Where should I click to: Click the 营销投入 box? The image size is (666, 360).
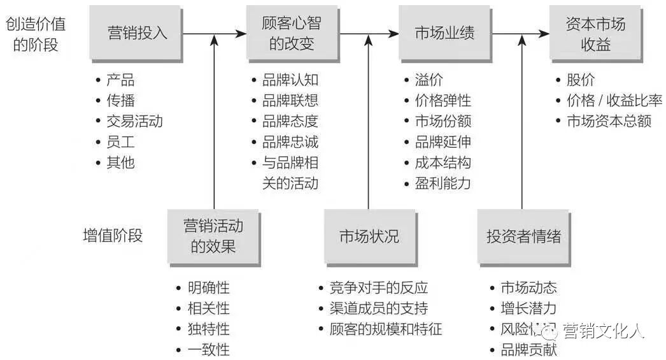coord(138,33)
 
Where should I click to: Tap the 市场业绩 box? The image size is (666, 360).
coord(444,33)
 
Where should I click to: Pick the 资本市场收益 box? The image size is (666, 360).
coord(595,33)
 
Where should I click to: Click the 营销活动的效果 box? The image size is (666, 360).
coord(213,236)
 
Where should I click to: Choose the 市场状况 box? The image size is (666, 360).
coord(369,236)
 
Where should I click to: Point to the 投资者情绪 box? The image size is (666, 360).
coord(523,236)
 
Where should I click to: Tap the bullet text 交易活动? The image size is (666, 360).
coord(134,121)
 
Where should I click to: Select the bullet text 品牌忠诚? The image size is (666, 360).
coord(290,141)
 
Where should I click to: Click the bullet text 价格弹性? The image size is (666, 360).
coord(443,101)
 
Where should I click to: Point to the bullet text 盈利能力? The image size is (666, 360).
coord(443,184)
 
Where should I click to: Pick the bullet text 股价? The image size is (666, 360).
coord(581,80)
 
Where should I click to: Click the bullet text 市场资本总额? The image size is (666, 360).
coord(609,121)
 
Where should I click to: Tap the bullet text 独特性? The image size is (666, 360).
coord(209,329)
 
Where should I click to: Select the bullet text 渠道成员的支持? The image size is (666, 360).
coord(379,308)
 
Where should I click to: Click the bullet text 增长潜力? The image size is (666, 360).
coord(528,308)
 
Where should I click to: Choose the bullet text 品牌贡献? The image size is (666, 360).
coord(528,350)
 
